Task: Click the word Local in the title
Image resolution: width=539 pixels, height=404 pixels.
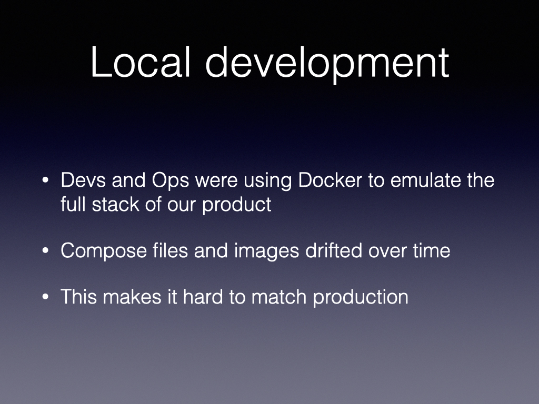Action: (x=141, y=62)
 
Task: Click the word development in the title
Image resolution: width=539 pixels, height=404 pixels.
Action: (x=327, y=65)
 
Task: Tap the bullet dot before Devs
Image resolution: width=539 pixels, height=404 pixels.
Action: (x=45, y=180)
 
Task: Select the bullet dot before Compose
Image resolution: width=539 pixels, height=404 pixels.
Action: (x=45, y=251)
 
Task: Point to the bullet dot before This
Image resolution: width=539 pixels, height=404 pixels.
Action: (x=45, y=297)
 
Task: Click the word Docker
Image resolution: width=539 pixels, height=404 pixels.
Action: (x=330, y=180)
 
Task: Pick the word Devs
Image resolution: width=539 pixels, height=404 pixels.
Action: (x=83, y=180)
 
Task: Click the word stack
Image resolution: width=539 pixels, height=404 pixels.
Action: (x=115, y=204)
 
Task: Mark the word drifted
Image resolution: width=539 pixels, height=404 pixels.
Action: (x=333, y=250)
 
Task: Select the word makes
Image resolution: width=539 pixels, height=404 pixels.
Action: (x=132, y=297)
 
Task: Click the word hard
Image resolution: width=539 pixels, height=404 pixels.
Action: (x=203, y=297)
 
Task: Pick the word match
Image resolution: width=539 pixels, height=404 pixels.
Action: (x=279, y=297)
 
